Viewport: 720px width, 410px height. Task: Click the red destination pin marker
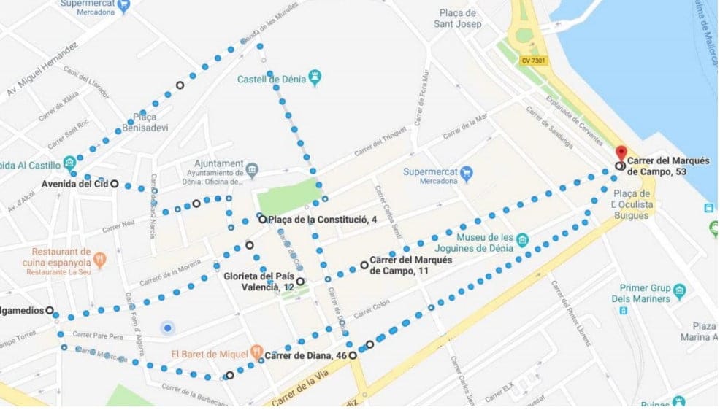[x=621, y=153]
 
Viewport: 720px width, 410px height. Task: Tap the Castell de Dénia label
[x=271, y=79]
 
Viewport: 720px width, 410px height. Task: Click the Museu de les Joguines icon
[x=522, y=240]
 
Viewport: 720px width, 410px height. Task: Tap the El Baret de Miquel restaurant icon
[x=256, y=351]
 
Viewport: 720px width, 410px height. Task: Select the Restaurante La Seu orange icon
[x=99, y=258]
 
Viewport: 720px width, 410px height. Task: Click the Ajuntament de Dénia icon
[x=252, y=170]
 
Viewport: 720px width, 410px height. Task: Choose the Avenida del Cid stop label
[x=74, y=184]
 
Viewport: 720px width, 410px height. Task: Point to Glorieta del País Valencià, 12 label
[x=258, y=282]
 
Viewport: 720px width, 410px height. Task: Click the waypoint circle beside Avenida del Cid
[x=115, y=184]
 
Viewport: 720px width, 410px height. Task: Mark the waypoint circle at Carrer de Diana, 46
[x=353, y=355]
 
